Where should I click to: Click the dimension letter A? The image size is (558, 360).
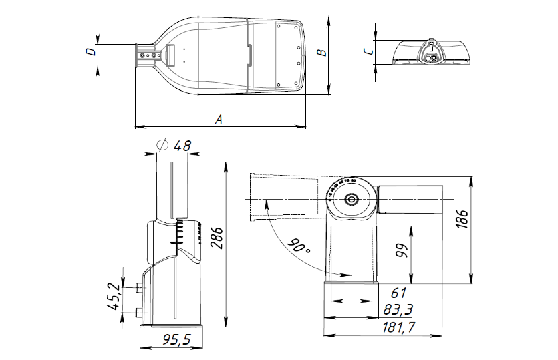tap(218, 119)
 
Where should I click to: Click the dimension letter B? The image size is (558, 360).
tap(321, 52)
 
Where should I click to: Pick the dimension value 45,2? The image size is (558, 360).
tap(113, 297)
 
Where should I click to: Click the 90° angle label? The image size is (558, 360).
tap(299, 245)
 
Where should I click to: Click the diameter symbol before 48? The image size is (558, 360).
tap(161, 145)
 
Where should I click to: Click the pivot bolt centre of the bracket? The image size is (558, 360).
tap(352, 199)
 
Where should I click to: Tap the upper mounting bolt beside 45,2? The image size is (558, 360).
tap(138, 288)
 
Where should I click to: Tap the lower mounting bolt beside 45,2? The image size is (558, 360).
tap(138, 312)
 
